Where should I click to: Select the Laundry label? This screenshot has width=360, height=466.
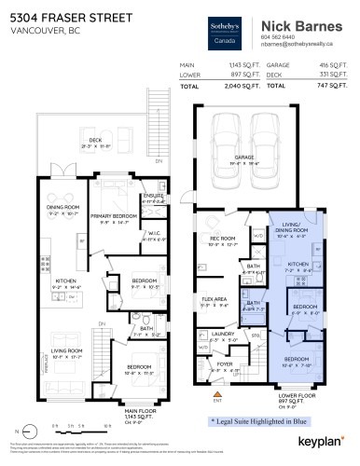click(x=223, y=332)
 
